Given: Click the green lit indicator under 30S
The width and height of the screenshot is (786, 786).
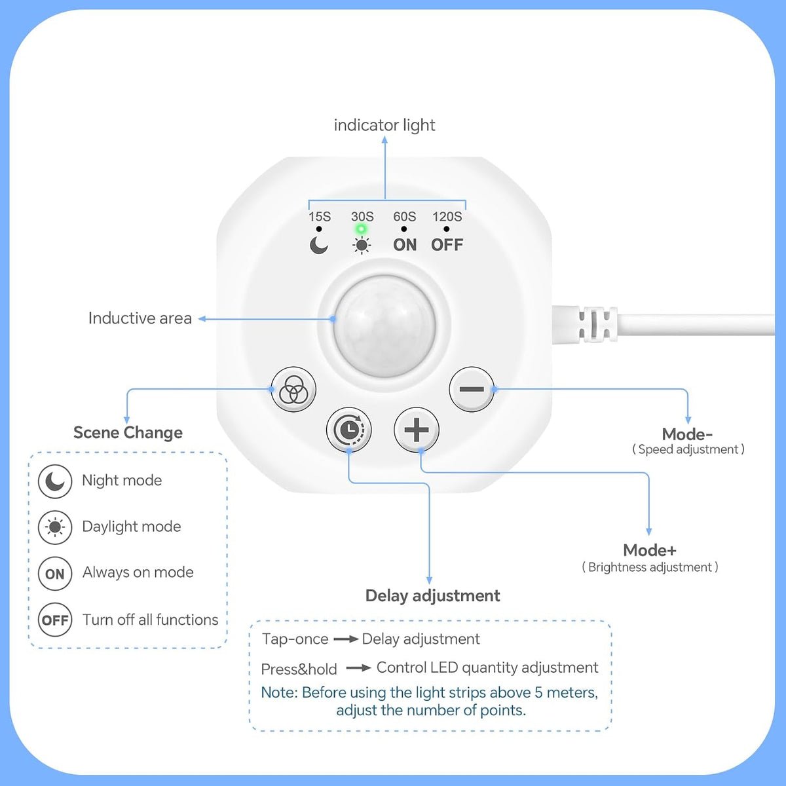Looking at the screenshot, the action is click(x=361, y=229).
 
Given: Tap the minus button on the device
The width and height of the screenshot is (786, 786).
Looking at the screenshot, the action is click(x=472, y=389).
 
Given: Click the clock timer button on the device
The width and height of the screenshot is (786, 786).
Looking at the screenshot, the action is click(x=348, y=430).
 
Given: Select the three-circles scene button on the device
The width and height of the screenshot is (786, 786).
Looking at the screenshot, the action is click(x=293, y=389).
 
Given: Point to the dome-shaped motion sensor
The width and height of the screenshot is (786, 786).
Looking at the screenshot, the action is click(x=384, y=326).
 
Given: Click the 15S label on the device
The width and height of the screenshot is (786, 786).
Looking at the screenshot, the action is click(x=320, y=217).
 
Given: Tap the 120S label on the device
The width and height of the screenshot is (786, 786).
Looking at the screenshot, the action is click(x=447, y=217).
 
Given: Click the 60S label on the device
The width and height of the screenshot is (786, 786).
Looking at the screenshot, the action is click(x=404, y=217).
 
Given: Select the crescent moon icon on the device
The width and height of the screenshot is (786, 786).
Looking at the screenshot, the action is click(x=318, y=246).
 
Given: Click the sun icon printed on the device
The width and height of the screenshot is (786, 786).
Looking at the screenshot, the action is click(x=362, y=246).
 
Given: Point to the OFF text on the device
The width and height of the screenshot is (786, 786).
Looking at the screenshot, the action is click(x=447, y=245).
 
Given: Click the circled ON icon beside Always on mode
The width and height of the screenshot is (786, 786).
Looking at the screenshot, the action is click(x=55, y=574).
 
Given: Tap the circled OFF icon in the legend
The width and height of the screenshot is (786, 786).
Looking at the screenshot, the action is click(x=55, y=620).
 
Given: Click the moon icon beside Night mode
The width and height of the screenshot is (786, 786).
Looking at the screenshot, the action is click(x=55, y=481).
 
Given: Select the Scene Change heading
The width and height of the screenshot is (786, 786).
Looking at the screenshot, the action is click(x=128, y=433).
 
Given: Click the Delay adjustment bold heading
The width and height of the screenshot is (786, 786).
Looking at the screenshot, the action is click(x=432, y=596).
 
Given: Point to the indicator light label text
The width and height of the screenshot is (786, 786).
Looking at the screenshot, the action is click(x=384, y=125).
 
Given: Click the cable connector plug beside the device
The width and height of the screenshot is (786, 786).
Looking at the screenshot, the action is click(x=586, y=325).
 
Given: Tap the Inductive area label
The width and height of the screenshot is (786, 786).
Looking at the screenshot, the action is click(x=140, y=318).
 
